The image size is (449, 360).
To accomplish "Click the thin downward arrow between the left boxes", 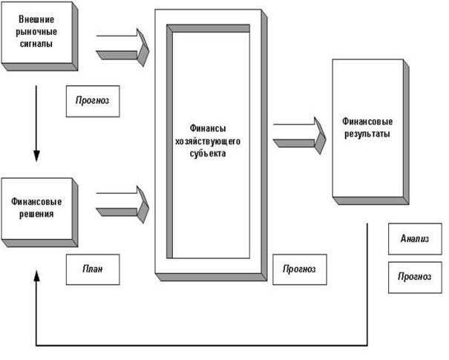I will point(35,122).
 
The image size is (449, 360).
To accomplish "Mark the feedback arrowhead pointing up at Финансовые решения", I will point(35,276).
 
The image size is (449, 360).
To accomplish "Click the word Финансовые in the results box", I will point(367,121).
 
